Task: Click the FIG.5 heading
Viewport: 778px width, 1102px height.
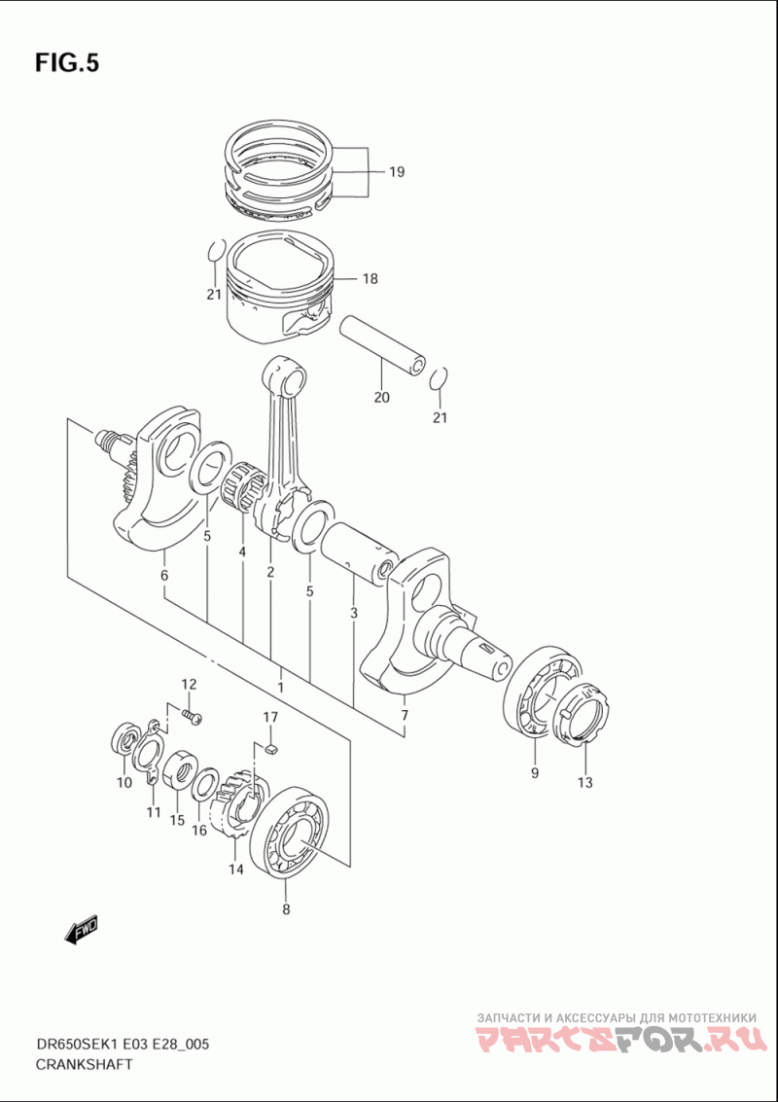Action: (x=67, y=63)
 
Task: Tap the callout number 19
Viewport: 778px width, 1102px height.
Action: (x=396, y=173)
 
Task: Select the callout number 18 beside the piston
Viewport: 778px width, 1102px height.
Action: (x=370, y=279)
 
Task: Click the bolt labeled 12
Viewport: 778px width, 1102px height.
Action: (x=193, y=717)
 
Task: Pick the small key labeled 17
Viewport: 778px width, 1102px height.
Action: (x=271, y=748)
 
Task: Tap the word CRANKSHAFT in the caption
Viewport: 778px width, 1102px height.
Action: (x=84, y=1064)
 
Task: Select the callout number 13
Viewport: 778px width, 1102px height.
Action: (x=583, y=782)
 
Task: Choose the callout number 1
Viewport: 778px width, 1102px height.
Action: (x=280, y=687)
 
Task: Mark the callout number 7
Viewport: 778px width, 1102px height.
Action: (x=404, y=716)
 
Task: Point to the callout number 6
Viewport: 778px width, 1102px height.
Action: (x=164, y=576)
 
